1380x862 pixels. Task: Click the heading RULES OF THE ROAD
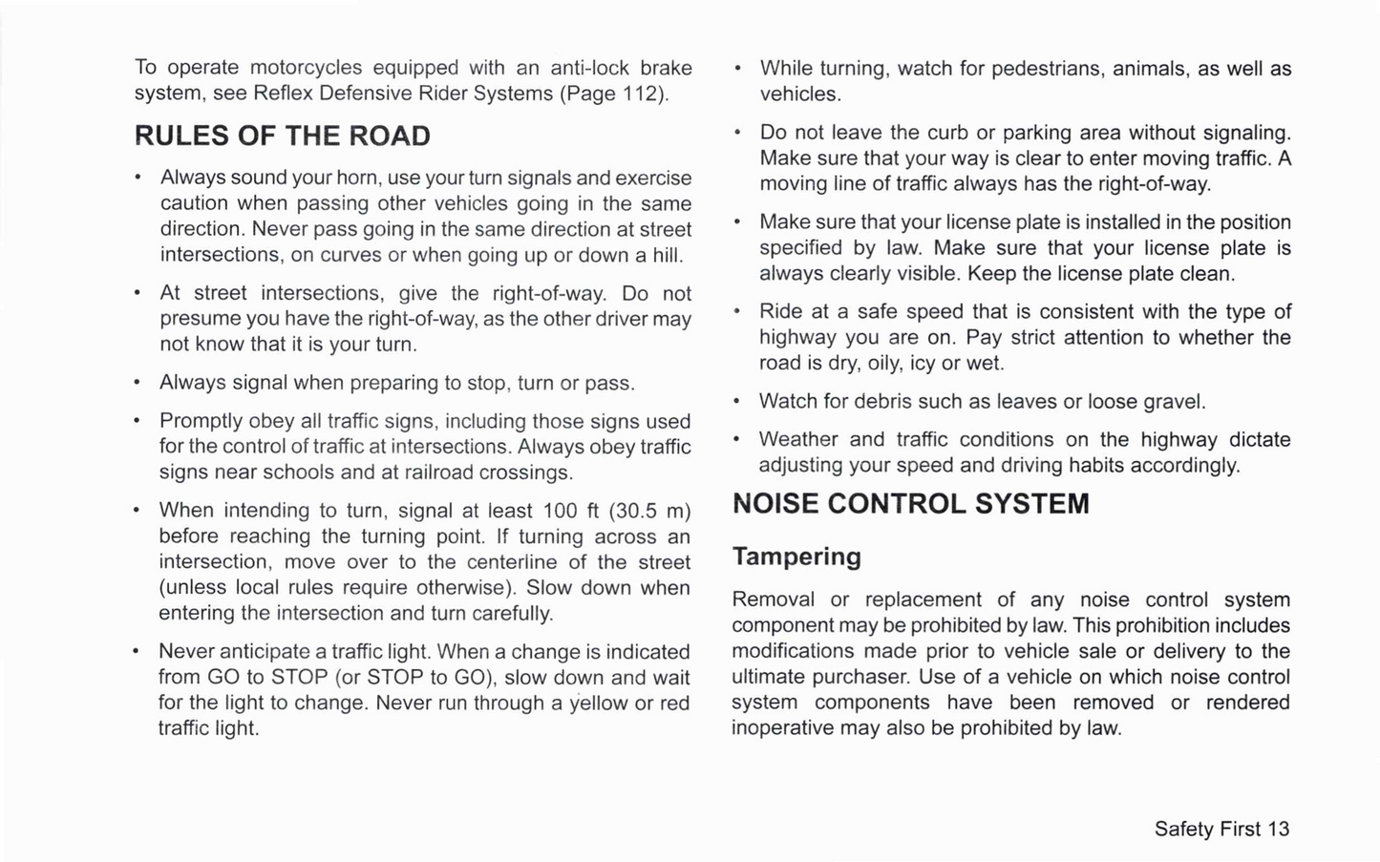pos(283,137)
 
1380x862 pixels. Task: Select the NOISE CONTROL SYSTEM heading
pos(910,504)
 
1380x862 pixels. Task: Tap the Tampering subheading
pos(796,557)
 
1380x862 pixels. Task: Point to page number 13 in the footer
pos(1279,829)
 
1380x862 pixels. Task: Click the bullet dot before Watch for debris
pos(737,402)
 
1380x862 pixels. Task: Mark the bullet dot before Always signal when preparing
pos(138,384)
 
